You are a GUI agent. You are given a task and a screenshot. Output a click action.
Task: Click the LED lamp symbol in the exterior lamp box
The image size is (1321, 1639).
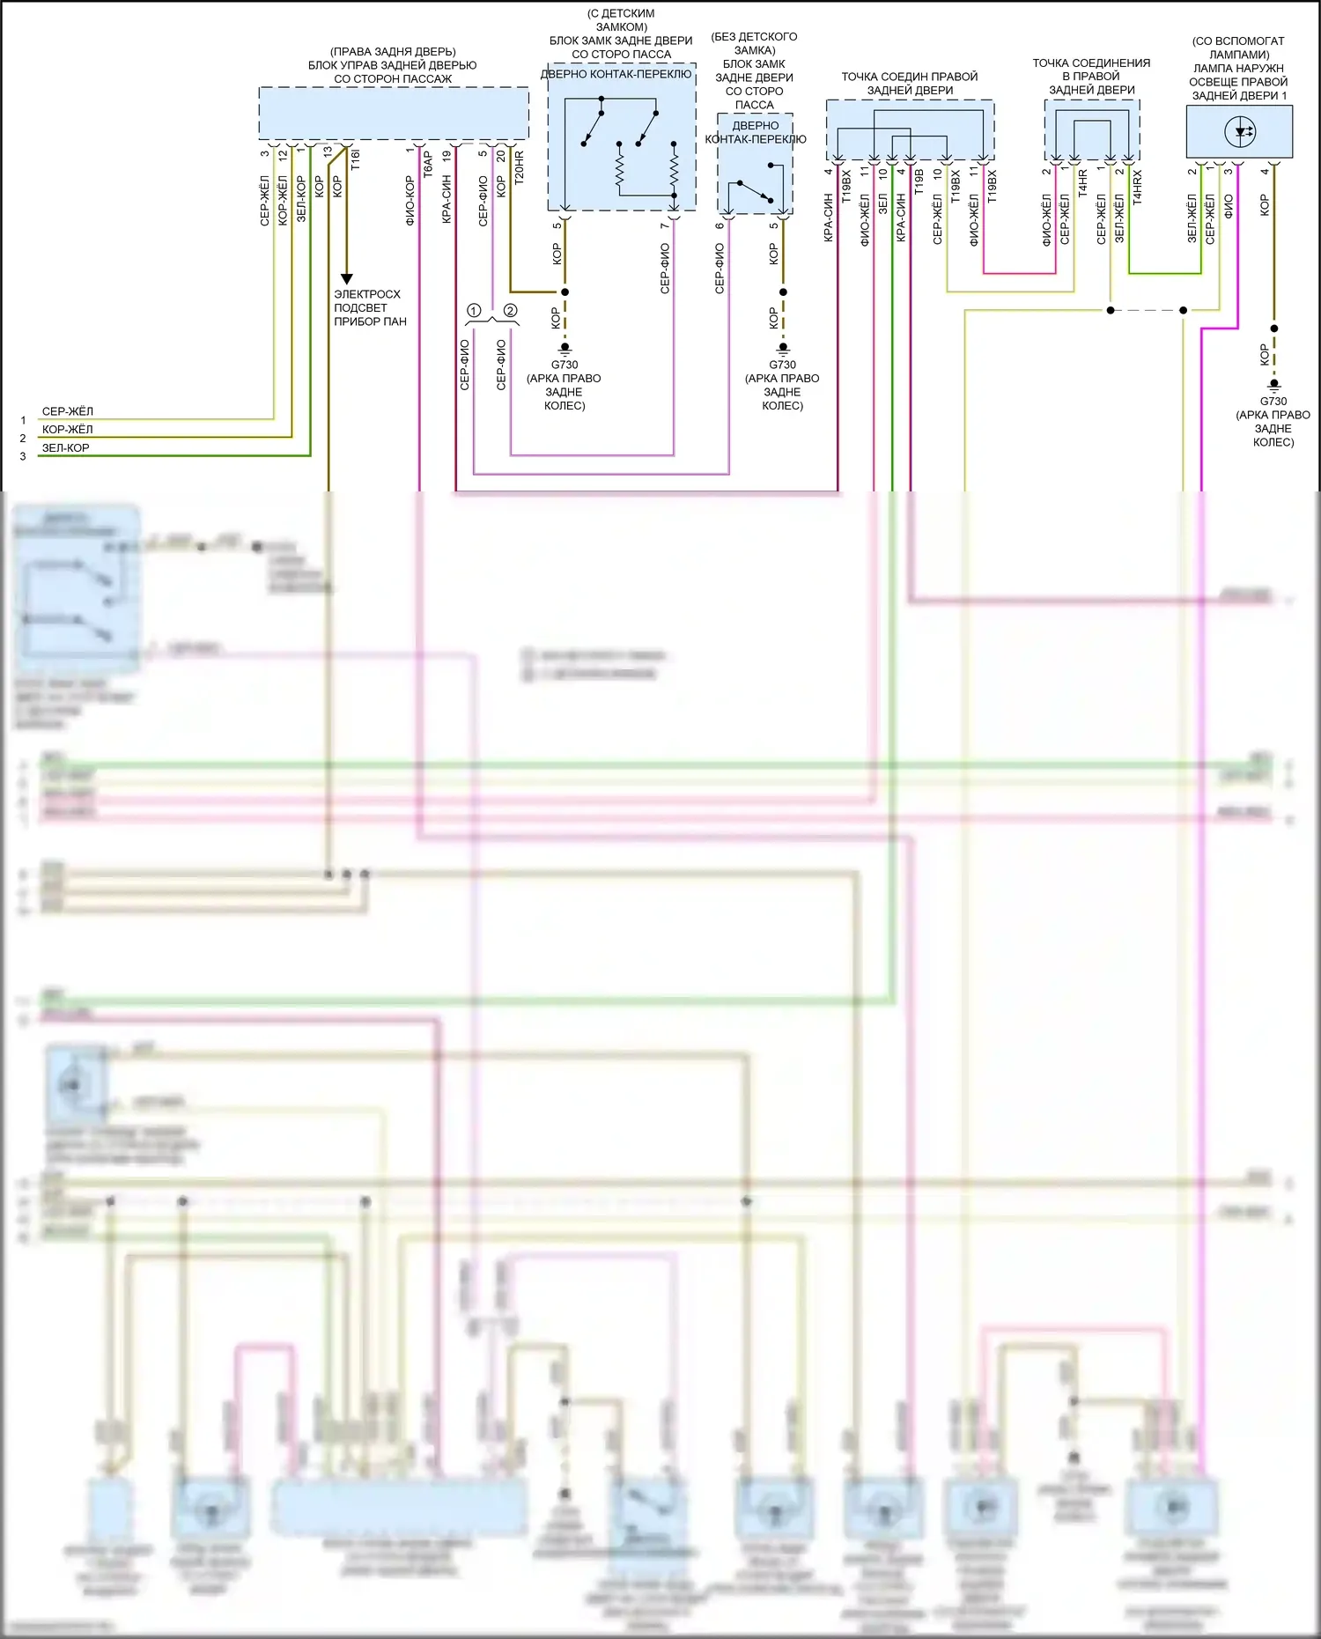pyautogui.click(x=1241, y=132)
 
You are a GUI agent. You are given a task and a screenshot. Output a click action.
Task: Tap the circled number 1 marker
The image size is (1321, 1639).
pyautogui.click(x=474, y=311)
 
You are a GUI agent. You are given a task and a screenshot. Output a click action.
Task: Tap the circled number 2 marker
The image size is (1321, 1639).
pyautogui.click(x=510, y=311)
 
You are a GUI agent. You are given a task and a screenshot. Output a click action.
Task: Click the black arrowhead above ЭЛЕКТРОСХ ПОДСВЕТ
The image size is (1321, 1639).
pyautogui.click(x=346, y=278)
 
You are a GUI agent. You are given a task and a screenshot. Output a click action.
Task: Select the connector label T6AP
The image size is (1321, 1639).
pyautogui.click(x=428, y=165)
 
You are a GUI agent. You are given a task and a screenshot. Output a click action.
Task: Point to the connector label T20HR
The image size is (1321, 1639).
pyautogui.click(x=519, y=167)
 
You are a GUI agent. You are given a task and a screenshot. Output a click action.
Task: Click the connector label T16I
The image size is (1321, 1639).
pyautogui.click(x=356, y=159)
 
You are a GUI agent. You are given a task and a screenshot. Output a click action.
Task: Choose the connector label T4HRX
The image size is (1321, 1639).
pyautogui.click(x=1137, y=188)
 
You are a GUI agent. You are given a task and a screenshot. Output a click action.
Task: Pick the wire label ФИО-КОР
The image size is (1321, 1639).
pyautogui.click(x=410, y=201)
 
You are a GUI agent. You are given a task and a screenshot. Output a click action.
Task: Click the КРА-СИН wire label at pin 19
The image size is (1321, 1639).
pyautogui.click(x=446, y=199)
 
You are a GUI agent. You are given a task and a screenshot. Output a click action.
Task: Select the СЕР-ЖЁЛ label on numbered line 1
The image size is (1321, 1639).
pyautogui.click(x=67, y=411)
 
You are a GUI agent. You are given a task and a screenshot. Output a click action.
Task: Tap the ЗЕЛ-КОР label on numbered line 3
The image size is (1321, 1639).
pyautogui.click(x=65, y=447)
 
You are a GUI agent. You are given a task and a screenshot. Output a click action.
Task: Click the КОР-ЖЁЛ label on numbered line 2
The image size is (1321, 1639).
pyautogui.click(x=67, y=430)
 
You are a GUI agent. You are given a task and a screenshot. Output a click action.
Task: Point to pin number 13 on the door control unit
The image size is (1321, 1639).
pyautogui.click(x=328, y=151)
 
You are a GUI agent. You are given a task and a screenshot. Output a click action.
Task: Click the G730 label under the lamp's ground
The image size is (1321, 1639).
pyautogui.click(x=1273, y=401)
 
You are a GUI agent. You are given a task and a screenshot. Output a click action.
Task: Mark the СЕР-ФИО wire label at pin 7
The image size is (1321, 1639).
pyautogui.click(x=665, y=269)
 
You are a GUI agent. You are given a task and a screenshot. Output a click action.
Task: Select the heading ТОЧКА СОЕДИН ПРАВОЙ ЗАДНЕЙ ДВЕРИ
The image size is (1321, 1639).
pyautogui.click(x=909, y=83)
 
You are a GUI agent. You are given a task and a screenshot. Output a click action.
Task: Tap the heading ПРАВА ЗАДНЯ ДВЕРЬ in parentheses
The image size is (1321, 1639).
pyautogui.click(x=393, y=52)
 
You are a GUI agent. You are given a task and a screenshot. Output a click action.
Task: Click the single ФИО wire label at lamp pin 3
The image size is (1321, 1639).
pyautogui.click(x=1229, y=206)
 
